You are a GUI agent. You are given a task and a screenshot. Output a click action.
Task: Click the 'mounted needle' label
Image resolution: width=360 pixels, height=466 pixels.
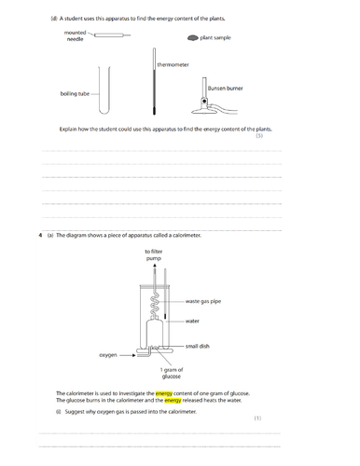point(75,35)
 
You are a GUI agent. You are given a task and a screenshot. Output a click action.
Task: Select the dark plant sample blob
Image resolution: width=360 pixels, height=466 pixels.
point(193,38)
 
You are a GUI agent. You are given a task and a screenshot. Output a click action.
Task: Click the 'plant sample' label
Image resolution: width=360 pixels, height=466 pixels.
point(215,37)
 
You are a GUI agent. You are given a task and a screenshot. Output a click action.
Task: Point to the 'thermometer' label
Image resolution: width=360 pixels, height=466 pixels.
point(173,64)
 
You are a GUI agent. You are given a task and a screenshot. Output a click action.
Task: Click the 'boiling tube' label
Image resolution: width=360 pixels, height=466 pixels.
point(75,94)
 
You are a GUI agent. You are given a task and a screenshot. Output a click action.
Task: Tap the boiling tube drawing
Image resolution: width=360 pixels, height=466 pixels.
point(104,90)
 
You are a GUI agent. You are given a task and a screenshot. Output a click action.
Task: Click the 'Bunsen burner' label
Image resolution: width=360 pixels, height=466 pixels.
point(225,89)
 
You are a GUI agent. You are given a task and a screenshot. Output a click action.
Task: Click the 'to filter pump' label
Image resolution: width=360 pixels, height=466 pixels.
point(154,254)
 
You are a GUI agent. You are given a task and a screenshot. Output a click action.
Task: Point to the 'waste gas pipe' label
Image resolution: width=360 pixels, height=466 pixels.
point(203,301)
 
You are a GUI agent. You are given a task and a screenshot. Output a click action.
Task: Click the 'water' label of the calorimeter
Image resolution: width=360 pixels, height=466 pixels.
point(192,322)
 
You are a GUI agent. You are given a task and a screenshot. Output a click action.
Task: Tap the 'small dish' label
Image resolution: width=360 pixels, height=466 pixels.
point(198,346)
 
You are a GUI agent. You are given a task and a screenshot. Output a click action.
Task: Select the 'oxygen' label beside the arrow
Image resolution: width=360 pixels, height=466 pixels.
point(108,355)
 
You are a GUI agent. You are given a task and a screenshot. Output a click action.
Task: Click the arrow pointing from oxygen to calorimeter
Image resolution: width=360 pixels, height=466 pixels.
point(128,355)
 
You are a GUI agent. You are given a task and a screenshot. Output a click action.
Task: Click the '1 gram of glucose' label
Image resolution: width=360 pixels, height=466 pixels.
point(172,373)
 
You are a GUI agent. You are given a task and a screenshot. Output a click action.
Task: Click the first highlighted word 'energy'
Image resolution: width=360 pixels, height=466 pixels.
point(164,393)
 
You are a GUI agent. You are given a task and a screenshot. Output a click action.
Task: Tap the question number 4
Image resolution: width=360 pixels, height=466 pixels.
point(40,235)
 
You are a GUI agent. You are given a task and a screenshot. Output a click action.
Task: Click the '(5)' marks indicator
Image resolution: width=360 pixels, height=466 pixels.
point(259,136)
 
